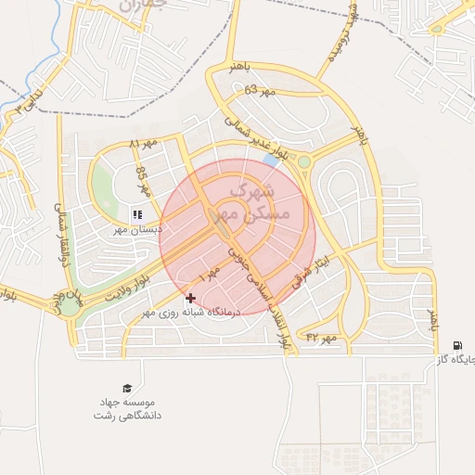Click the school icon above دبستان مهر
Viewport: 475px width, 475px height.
(x=137, y=215)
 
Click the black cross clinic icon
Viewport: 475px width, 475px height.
(x=191, y=298)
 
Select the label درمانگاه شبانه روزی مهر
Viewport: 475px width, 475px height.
(x=190, y=313)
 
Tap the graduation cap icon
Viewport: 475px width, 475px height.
(x=127, y=389)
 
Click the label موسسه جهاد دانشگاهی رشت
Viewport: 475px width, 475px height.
(x=127, y=409)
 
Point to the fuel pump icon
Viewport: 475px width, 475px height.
(x=458, y=346)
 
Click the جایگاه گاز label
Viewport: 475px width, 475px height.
(x=455, y=359)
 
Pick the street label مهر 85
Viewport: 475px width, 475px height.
(x=142, y=178)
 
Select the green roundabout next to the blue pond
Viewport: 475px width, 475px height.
(x=303, y=162)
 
